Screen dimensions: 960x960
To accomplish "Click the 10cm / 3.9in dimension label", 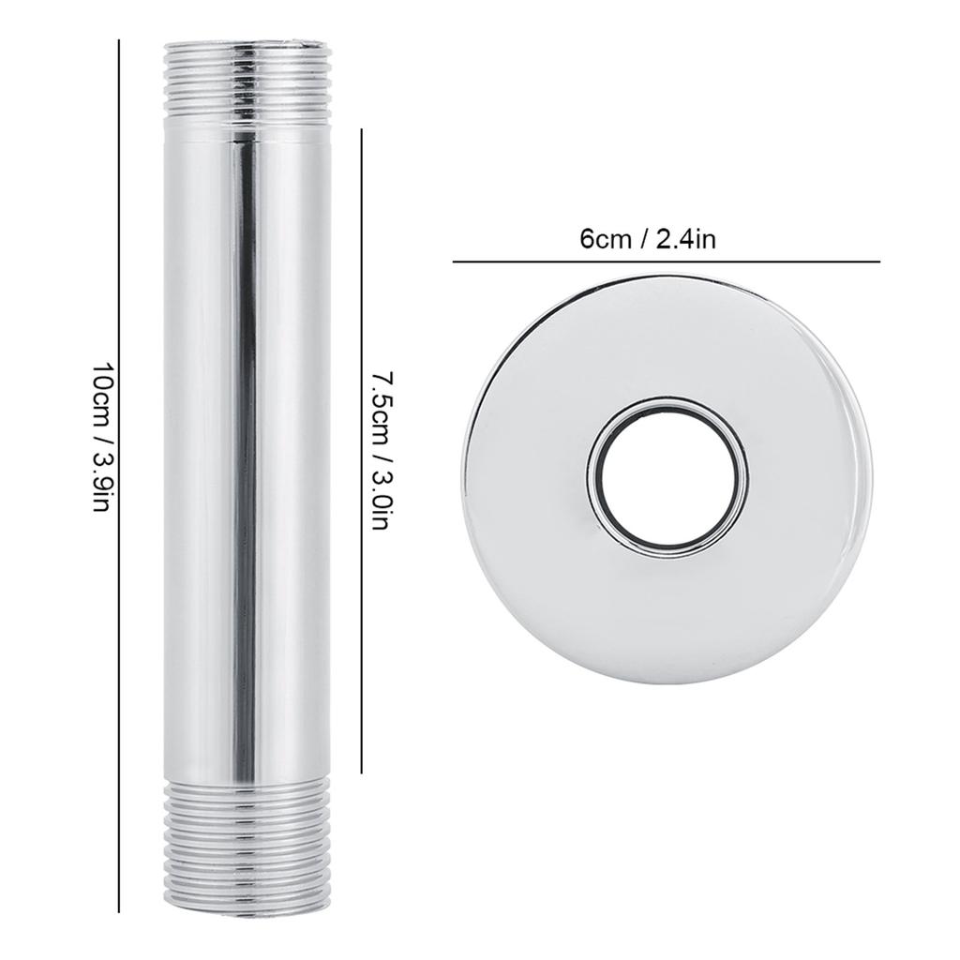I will (x=101, y=437).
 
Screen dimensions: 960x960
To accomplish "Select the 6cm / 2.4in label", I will (x=648, y=240).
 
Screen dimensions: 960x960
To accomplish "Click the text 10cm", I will (x=101, y=393).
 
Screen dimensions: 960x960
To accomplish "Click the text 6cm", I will (x=605, y=240).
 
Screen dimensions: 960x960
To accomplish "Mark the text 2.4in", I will (x=687, y=240).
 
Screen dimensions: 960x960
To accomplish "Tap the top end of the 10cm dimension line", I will (x=119, y=39).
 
